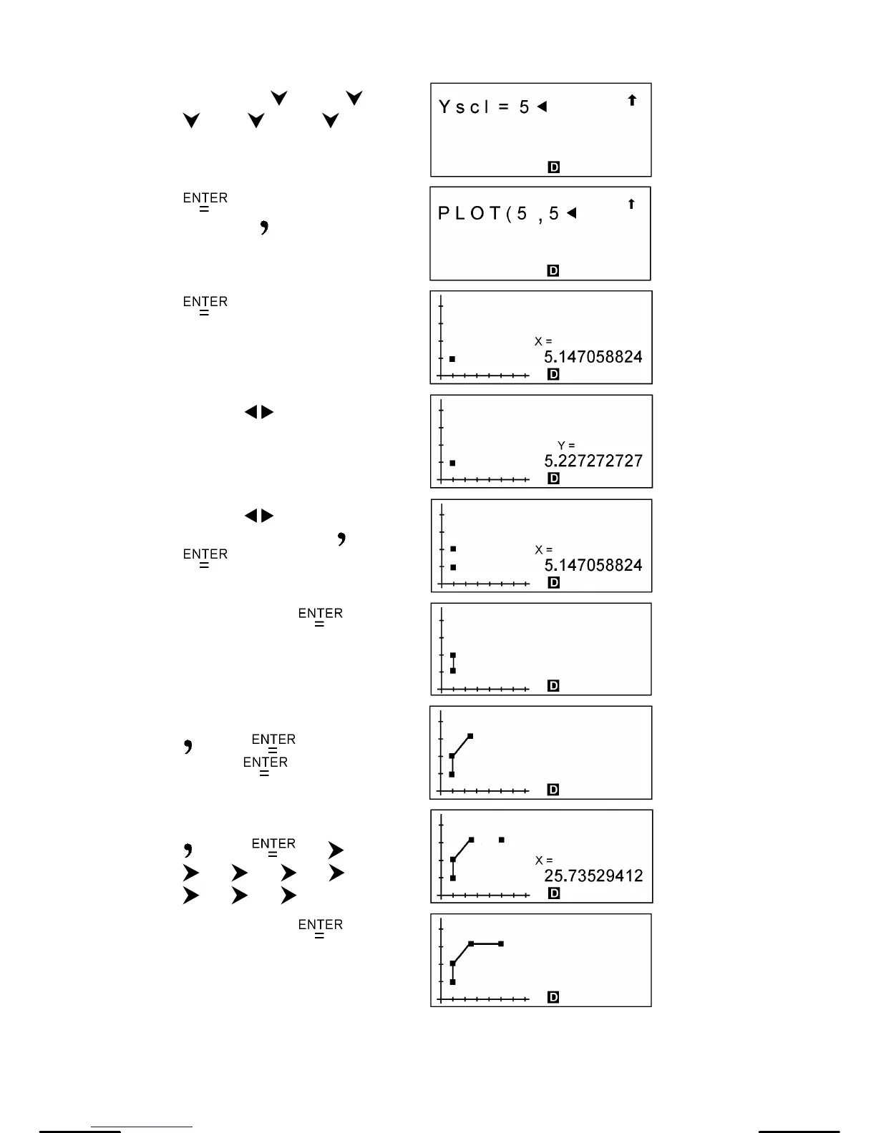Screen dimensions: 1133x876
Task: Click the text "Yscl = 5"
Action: (x=484, y=107)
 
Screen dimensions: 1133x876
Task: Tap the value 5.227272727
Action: (x=593, y=461)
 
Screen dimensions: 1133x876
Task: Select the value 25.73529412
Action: (x=593, y=875)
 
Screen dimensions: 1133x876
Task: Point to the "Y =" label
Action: (x=566, y=446)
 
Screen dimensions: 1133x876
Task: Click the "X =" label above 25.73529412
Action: (x=544, y=860)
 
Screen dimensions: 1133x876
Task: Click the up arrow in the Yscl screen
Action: (x=632, y=101)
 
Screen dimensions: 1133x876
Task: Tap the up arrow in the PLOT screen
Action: (x=631, y=205)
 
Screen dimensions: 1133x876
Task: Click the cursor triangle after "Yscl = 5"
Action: (x=542, y=107)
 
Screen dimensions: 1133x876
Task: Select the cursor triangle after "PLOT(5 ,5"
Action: (x=571, y=213)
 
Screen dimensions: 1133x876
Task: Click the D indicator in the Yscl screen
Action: (x=553, y=167)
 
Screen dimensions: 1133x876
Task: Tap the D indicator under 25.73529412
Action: (x=553, y=893)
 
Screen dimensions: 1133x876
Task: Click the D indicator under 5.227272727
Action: (x=553, y=479)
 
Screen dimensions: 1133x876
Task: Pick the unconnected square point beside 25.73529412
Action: (x=502, y=840)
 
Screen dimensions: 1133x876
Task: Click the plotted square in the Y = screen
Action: (x=452, y=463)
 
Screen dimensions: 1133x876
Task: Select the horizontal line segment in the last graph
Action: (x=486, y=944)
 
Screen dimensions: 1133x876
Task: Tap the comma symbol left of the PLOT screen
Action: (x=264, y=227)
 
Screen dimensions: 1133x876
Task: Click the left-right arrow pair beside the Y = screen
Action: (x=259, y=412)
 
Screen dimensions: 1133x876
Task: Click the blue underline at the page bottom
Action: (x=142, y=1127)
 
